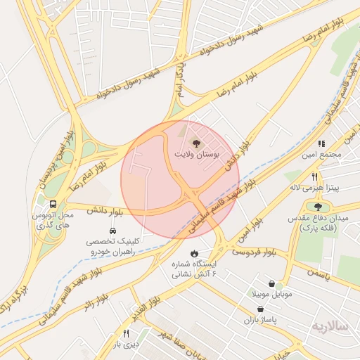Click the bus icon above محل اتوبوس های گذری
pyautogui.click(x=54, y=204)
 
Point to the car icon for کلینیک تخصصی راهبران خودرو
pyautogui.click(x=112, y=231)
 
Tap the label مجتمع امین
pyautogui.click(x=321, y=153)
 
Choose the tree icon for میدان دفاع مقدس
pyautogui.click(x=318, y=207)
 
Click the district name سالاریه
pyautogui.click(x=330, y=327)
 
